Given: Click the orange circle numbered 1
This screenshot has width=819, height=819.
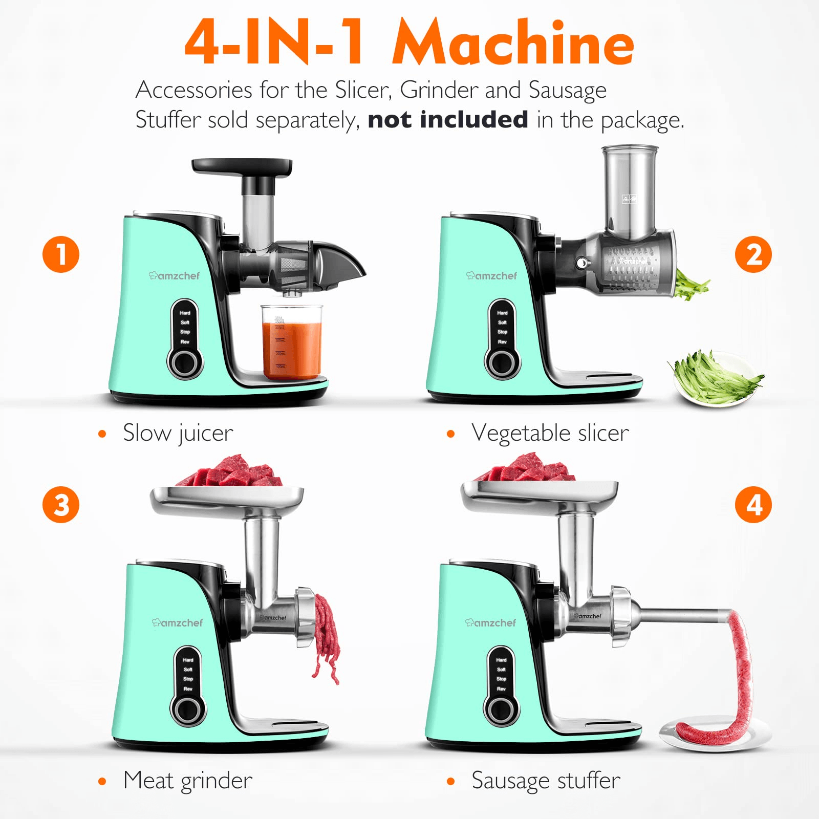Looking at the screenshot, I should coord(61,254).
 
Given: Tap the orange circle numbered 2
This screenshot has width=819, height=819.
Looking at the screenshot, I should coord(753,254).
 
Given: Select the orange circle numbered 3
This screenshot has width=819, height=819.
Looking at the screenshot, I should coord(61,505).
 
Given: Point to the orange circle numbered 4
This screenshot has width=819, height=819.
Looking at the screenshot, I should coord(753,505).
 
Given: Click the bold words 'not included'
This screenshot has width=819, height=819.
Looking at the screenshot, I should coord(448,120).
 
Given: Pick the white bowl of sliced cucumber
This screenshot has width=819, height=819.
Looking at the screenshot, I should coord(717,379).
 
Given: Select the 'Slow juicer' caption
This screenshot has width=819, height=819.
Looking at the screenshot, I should coord(178,434).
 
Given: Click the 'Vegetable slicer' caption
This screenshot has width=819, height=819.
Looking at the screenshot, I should coord(550,434).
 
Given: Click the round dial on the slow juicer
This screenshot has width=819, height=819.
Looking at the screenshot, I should coord(185,363).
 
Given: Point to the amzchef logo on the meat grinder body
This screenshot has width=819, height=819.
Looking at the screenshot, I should coord(177,623).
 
